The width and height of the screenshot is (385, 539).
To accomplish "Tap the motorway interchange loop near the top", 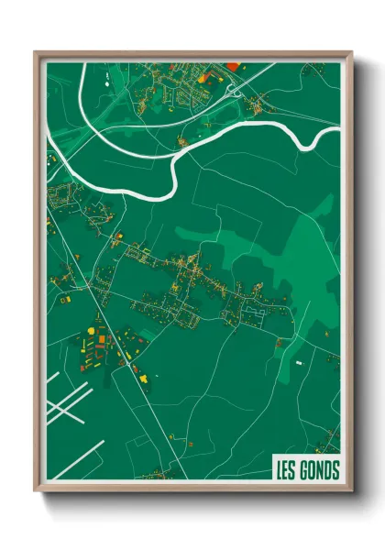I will (233, 88).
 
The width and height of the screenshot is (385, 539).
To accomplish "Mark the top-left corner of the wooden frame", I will (36, 52).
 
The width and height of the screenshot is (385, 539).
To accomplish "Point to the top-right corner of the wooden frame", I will (351, 52).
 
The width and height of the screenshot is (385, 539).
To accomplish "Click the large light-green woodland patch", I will (275, 266).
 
